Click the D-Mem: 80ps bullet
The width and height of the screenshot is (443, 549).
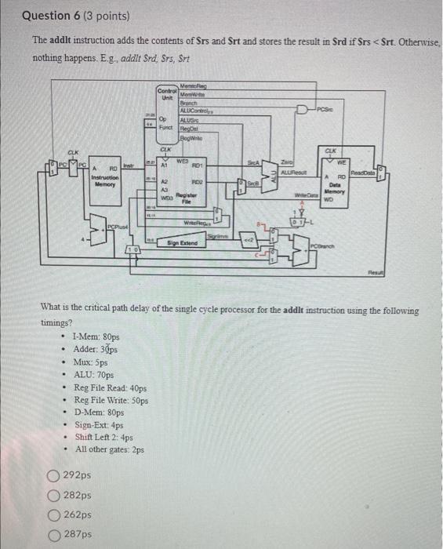(x=100, y=412)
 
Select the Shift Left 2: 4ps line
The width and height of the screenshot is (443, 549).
(x=104, y=437)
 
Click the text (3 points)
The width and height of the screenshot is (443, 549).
(x=107, y=16)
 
